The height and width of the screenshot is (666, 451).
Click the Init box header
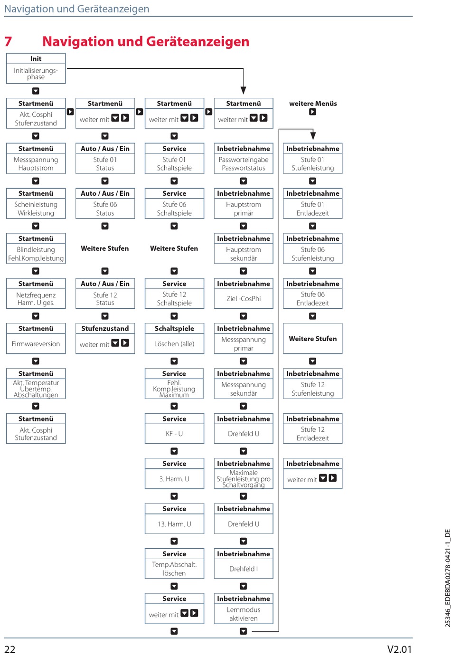click(36, 59)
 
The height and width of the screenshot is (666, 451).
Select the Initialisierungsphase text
click(36, 74)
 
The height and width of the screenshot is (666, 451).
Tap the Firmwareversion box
click(36, 344)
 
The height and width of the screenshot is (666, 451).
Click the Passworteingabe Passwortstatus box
click(244, 164)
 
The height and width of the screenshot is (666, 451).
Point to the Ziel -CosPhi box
click(244, 299)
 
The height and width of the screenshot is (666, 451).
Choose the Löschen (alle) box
click(174, 344)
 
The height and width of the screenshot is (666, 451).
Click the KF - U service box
click(174, 434)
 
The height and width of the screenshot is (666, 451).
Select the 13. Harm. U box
click(174, 524)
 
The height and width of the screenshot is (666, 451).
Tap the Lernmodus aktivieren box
click(244, 614)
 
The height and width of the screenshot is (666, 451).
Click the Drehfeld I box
click(244, 569)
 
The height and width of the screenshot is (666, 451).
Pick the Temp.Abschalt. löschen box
click(174, 569)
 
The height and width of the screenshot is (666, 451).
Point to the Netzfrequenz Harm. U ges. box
click(36, 299)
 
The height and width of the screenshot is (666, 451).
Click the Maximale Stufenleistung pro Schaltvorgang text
click(244, 479)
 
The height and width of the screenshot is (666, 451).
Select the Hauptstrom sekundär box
click(244, 254)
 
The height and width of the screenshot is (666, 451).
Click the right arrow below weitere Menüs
click(312, 112)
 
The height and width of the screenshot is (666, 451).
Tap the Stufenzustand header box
click(105, 329)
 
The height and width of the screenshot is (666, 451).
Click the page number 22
click(10, 649)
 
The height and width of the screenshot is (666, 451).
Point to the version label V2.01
click(399, 649)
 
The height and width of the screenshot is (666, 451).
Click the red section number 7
click(8, 42)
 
